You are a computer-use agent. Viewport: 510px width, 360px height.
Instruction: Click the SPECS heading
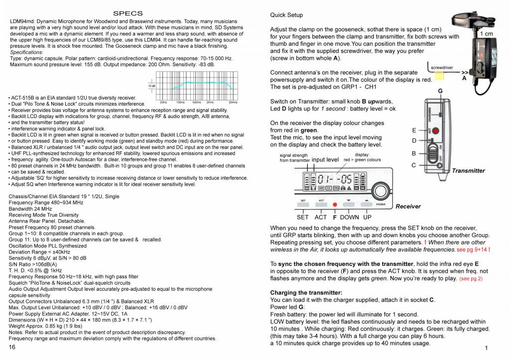(x=128, y=13)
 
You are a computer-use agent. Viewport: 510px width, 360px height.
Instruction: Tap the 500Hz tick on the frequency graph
(x=197, y=102)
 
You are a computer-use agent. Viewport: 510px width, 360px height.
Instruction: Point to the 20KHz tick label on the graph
(x=233, y=102)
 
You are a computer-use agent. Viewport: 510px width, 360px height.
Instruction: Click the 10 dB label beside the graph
(x=151, y=86)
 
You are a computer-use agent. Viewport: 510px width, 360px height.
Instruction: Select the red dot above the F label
(x=335, y=205)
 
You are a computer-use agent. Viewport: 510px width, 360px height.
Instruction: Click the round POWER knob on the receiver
(x=381, y=192)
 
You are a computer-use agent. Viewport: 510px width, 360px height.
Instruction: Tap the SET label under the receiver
(x=302, y=217)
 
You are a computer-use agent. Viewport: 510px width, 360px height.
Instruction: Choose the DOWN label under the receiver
(x=349, y=217)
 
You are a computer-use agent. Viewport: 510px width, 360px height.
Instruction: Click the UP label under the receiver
(x=367, y=217)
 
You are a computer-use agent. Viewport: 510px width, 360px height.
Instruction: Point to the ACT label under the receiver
(x=321, y=217)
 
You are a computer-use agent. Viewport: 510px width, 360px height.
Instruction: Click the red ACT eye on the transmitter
(x=435, y=131)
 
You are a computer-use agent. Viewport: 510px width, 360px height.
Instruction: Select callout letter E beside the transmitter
(x=414, y=130)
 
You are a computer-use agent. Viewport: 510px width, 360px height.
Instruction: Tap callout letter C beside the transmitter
(x=414, y=165)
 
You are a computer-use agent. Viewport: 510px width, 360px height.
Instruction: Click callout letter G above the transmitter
(x=440, y=91)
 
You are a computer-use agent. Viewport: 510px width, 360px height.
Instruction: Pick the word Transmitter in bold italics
(x=468, y=171)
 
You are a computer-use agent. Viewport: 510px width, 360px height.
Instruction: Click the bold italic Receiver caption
(x=408, y=206)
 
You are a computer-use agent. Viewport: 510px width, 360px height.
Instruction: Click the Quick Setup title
(x=286, y=15)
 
